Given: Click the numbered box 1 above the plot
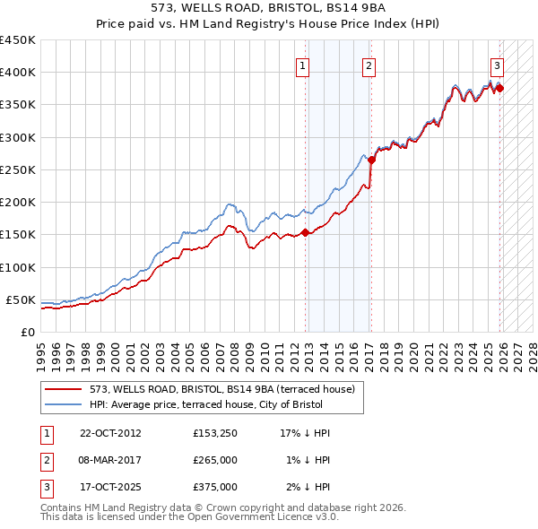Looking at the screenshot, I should tap(302, 65).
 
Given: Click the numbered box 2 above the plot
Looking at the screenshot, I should tap(369, 65).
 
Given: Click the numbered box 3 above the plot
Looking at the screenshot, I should tap(497, 65).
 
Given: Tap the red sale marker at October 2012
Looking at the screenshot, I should tap(305, 232).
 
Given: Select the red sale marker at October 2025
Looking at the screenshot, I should tap(499, 88).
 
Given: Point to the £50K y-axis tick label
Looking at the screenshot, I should tap(22, 299).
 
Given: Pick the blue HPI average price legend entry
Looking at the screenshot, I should tap(223, 404).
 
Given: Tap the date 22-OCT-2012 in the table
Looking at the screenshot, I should tap(110, 433).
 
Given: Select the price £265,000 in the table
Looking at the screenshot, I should tap(215, 460).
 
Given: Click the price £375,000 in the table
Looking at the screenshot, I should tap(215, 487).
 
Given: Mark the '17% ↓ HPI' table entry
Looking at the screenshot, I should tap(306, 433).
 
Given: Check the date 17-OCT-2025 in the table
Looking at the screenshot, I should tap(110, 487).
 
